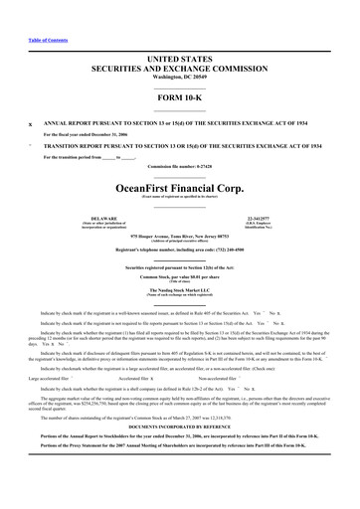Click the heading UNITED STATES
pos(179,60)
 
